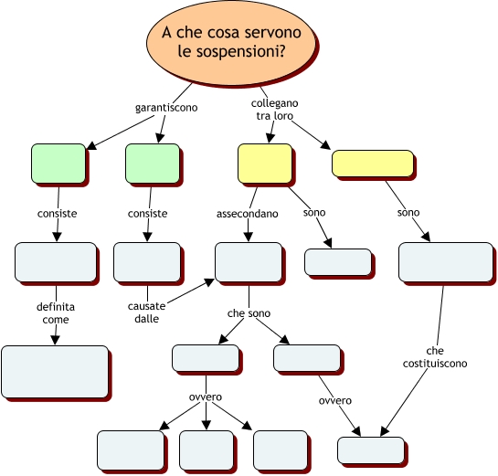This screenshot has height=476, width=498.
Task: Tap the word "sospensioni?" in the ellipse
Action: pyautogui.click(x=231, y=51)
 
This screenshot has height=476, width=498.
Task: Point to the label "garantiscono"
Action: pyautogui.click(x=166, y=108)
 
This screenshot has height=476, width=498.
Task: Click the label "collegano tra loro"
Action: pyautogui.click(x=274, y=110)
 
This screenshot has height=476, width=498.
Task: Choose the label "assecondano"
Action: pyautogui.click(x=247, y=214)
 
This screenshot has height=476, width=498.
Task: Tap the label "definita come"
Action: pyautogui.click(x=56, y=313)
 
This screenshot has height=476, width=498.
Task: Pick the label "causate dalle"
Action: pyautogui.click(x=146, y=312)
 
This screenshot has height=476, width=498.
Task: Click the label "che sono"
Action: pyautogui.click(x=249, y=313)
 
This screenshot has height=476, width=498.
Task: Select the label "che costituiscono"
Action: pyautogui.click(x=435, y=357)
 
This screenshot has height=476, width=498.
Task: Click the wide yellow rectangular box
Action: pyautogui.click(x=373, y=164)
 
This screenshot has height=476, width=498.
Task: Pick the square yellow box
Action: pyautogui.click(x=265, y=164)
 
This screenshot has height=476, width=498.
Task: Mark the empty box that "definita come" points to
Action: pyautogui.click(x=55, y=372)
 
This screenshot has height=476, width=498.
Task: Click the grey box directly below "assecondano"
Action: pyautogui.click(x=249, y=262)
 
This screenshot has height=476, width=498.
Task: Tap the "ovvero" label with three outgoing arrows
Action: pyautogui.click(x=206, y=397)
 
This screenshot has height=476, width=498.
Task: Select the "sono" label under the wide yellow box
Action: pyautogui.click(x=408, y=213)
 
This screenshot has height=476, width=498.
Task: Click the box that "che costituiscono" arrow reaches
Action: pyautogui.click(x=371, y=450)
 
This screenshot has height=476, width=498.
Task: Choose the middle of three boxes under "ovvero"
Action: pyautogui.click(x=207, y=450)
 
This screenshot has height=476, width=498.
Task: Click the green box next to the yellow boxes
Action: pyautogui.click(x=153, y=164)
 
